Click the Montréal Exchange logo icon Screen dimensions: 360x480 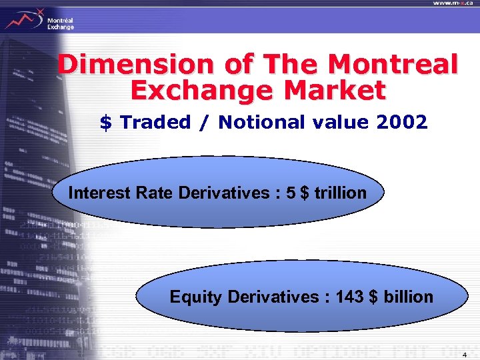[x=23, y=18]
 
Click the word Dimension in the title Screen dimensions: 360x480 [x=123, y=65]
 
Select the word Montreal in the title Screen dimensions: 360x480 [x=394, y=65]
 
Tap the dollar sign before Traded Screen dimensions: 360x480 [x=105, y=123]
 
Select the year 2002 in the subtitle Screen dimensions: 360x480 [x=402, y=123]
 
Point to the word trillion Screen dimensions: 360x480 [x=344, y=193]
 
